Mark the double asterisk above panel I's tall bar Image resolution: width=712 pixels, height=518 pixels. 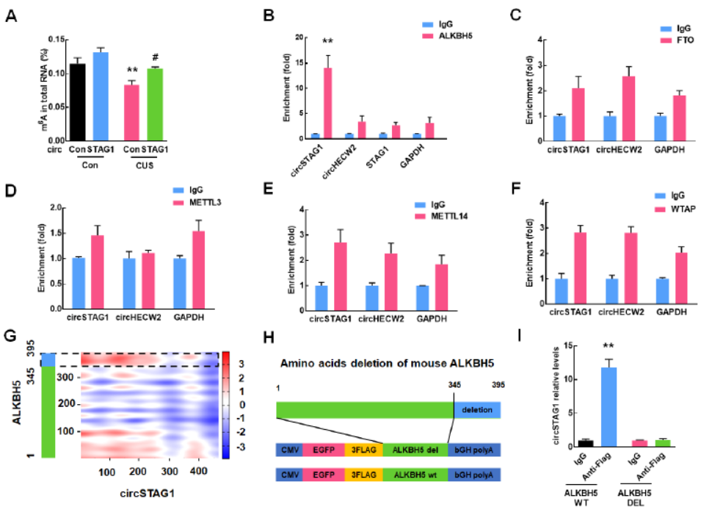608,345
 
